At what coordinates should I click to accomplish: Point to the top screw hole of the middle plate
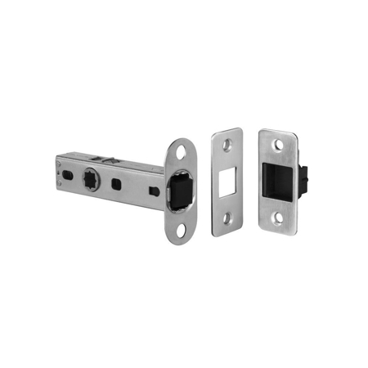[227, 145]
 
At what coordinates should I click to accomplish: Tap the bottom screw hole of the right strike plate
[280, 218]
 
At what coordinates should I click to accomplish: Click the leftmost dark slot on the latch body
[64, 171]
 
